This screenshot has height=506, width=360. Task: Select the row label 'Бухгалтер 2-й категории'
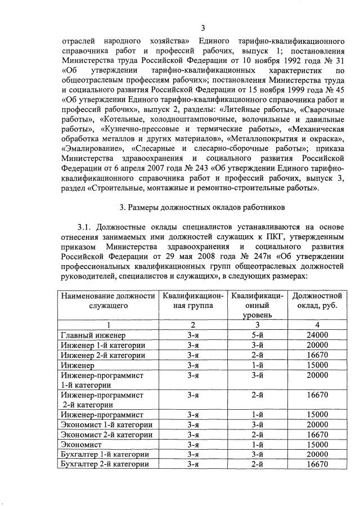pyautogui.click(x=104, y=464)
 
